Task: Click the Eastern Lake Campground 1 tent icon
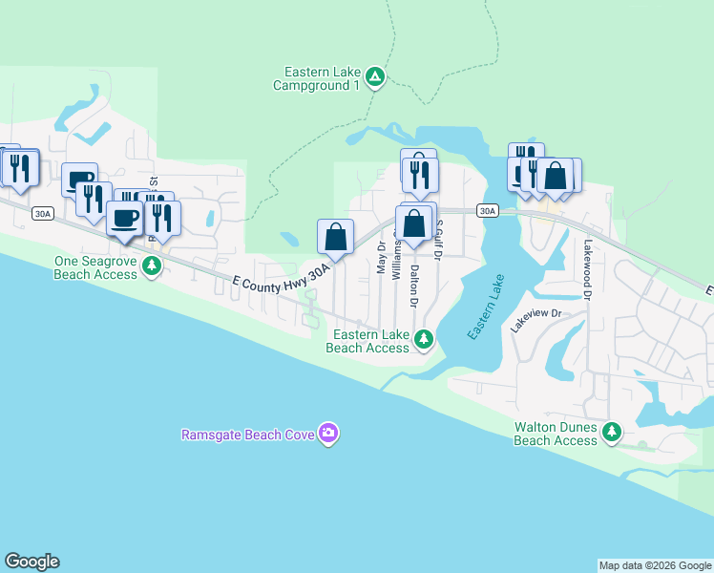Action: coord(375,77)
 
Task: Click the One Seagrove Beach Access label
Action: coord(95,267)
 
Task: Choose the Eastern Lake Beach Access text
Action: coord(369,341)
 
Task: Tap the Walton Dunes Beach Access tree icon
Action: coord(612,434)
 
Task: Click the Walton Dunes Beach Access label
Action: coord(556,434)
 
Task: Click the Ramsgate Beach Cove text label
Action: coord(250,435)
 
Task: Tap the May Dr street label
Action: coord(382,258)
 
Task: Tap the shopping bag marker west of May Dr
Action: coord(335,238)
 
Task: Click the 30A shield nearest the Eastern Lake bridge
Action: coord(487,210)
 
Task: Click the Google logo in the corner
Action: coord(31,562)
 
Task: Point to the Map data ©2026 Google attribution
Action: coord(655,565)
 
